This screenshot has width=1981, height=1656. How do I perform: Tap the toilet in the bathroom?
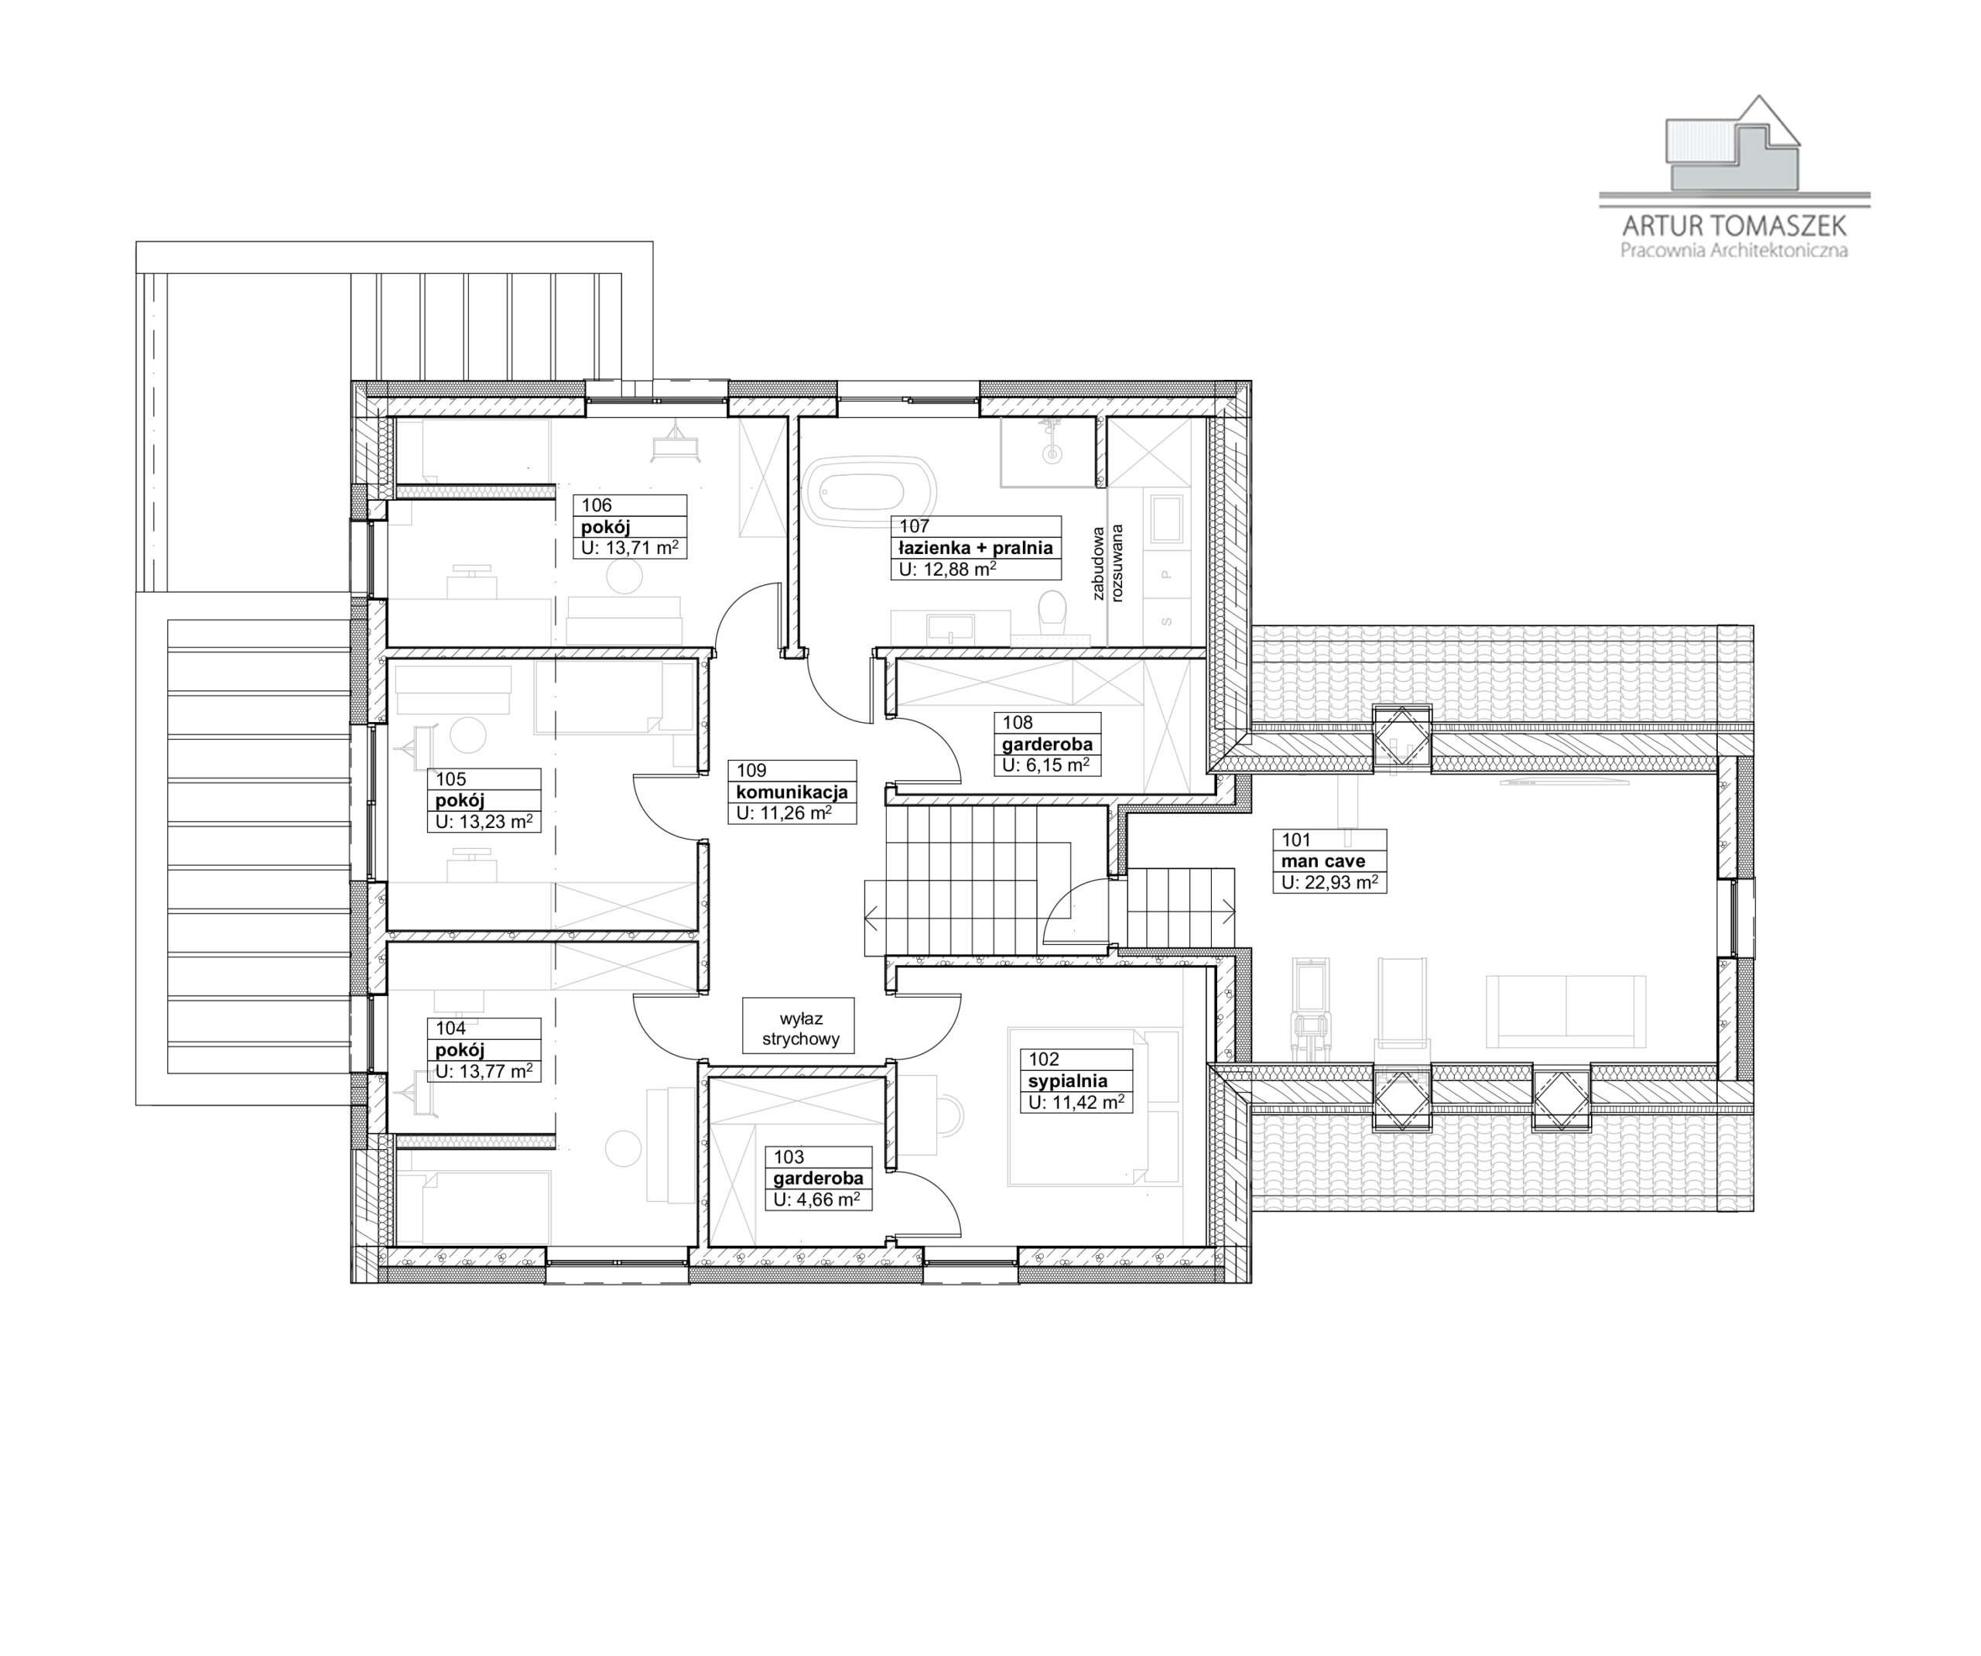(1052, 614)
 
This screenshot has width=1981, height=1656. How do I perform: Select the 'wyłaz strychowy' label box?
(798, 1028)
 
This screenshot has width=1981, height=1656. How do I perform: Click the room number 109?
(752, 770)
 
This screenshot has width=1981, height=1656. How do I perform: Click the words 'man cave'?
(1322, 861)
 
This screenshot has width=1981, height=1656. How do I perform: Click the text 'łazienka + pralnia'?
(975, 547)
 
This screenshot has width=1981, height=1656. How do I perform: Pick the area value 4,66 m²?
(817, 1199)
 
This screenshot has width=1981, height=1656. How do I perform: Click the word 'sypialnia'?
(1068, 1080)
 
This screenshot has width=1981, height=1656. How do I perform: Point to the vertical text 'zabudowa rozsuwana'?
(1107, 563)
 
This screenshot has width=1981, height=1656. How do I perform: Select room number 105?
(451, 779)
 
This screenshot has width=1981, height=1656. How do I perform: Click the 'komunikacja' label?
(792, 792)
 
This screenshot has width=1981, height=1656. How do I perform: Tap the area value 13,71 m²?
(630, 547)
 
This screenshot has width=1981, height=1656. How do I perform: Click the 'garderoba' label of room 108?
(1047, 744)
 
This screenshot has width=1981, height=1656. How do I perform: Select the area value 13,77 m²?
(484, 1071)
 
